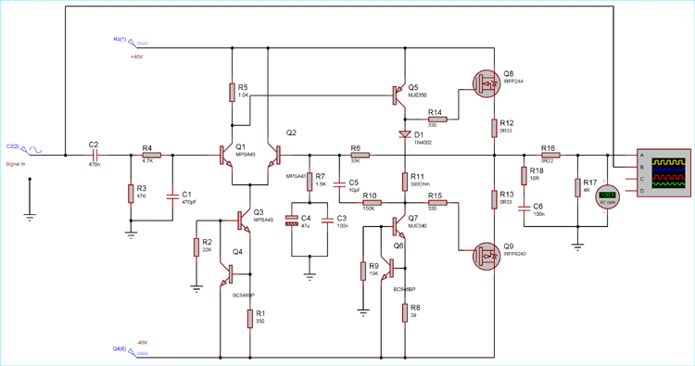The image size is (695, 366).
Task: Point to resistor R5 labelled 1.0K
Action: [x=232, y=92]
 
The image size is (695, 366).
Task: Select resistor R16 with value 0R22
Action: [x=550, y=156]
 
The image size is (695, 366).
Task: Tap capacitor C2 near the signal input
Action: [x=94, y=156]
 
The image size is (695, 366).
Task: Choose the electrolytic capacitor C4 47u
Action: [x=293, y=221]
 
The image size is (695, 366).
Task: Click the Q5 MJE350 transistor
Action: [x=400, y=93]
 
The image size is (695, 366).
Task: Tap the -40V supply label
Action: [x=142, y=342]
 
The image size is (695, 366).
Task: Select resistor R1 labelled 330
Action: [x=251, y=318]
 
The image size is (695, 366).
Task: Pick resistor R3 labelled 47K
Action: [x=130, y=193]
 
